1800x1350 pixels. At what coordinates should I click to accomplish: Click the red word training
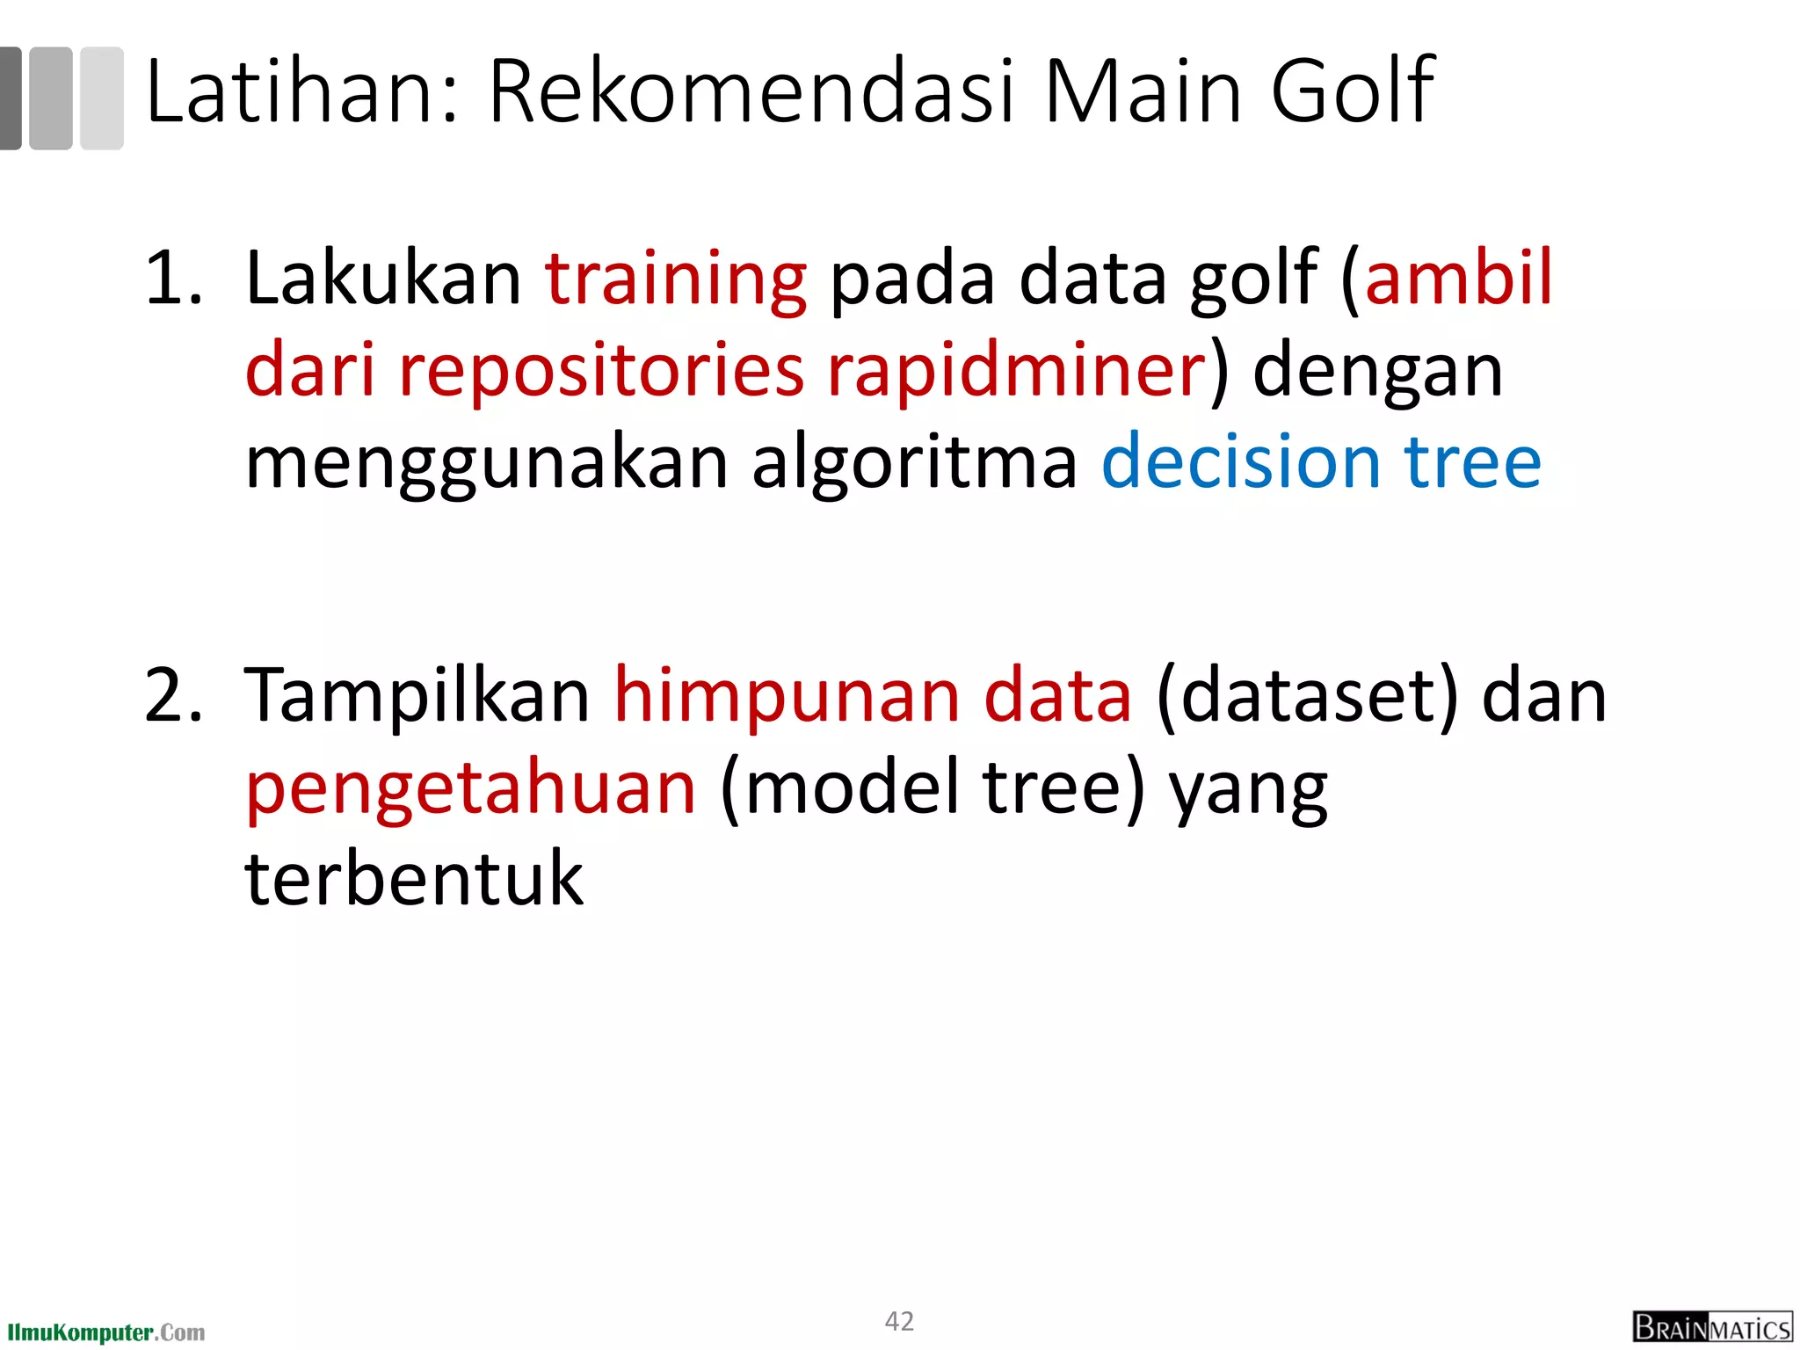pos(675,279)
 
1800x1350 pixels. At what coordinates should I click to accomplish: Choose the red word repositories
pos(601,371)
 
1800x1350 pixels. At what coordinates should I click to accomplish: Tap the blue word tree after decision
pos(1473,462)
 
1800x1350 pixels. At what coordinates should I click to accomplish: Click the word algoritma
pos(915,464)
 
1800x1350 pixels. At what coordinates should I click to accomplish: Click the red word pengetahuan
pos(471,789)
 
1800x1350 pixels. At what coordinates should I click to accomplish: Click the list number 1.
pos(172,279)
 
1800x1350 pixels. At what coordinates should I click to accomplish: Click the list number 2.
pos(172,696)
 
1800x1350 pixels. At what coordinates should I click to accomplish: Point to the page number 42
pos(899,1321)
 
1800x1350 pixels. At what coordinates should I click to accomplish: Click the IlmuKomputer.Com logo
pos(106,1332)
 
